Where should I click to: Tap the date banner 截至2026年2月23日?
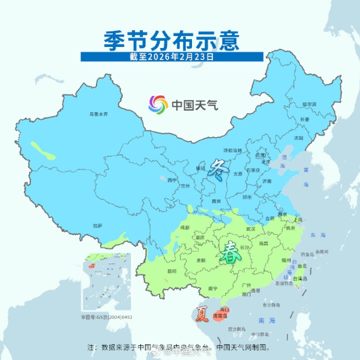(171, 57)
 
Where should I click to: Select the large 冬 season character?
(217, 170)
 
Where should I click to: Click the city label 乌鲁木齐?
(98, 114)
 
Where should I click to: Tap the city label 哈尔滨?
(309, 104)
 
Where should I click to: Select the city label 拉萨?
(97, 225)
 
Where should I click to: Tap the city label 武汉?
(250, 229)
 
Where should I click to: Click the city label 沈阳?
(299, 138)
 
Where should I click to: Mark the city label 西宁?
(172, 180)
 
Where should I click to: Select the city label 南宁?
(213, 288)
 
